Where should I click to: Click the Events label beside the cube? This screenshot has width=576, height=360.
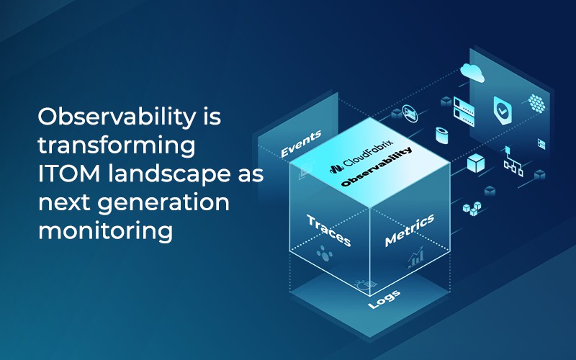[300, 143]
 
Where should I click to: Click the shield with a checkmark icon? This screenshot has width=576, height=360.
[502, 110]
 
